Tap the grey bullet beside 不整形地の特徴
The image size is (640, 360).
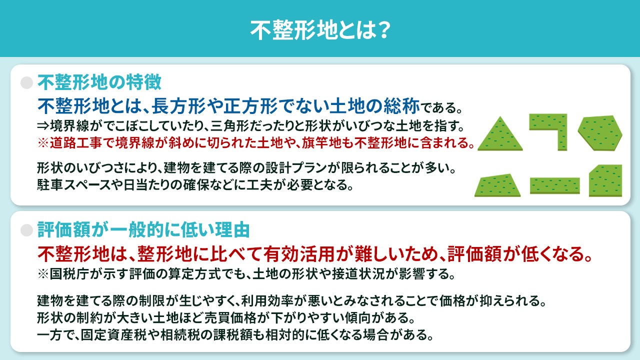pos(26,82)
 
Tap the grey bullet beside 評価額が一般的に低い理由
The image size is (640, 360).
pos(26,230)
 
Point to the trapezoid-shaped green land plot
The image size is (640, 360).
pos(497,186)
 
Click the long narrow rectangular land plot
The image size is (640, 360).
pos(554,185)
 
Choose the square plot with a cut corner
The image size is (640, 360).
pos(605,181)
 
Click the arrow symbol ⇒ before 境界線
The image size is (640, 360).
pos(42,124)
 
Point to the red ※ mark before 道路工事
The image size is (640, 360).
pos(43,143)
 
